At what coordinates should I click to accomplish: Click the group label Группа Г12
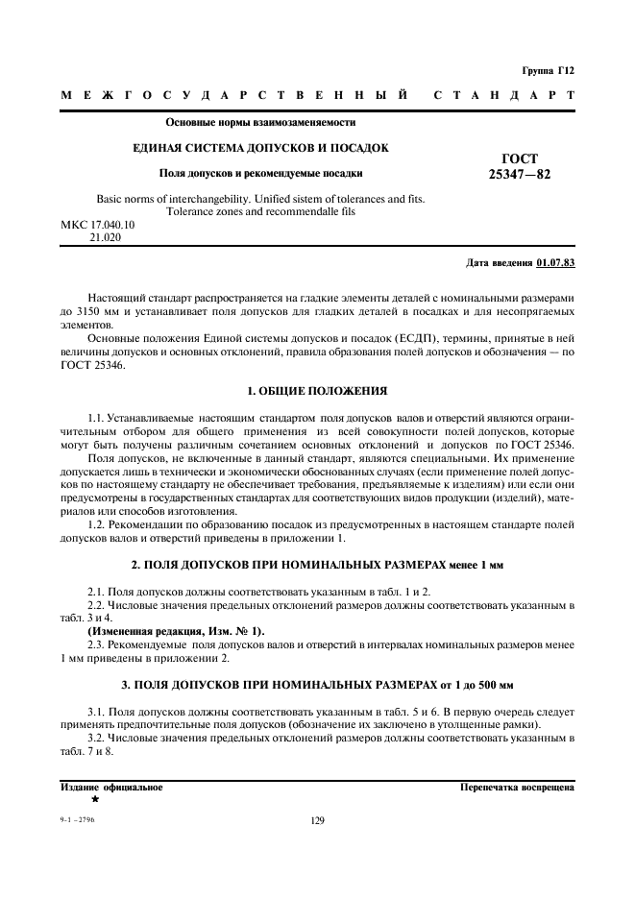[549, 70]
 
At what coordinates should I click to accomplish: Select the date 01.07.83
[556, 261]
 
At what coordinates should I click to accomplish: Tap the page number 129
[318, 820]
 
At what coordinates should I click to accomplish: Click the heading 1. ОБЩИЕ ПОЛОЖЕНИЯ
[317, 391]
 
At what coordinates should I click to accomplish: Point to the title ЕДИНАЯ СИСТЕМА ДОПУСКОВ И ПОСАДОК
[260, 148]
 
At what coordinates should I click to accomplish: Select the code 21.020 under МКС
[105, 236]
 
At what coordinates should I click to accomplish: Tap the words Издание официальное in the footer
[111, 787]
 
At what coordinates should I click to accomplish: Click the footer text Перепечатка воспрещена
[518, 787]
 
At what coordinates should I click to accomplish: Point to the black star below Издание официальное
[95, 799]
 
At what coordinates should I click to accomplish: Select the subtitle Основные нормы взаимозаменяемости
[260, 123]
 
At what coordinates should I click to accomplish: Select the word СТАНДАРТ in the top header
[504, 95]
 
